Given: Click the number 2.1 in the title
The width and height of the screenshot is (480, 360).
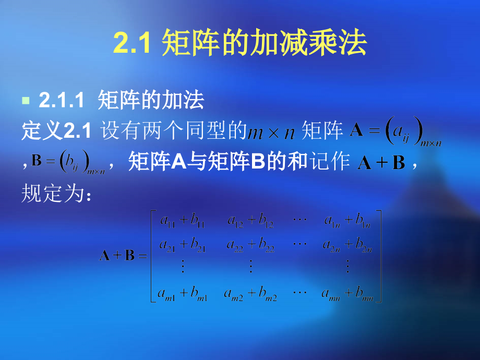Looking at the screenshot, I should [x=132, y=43].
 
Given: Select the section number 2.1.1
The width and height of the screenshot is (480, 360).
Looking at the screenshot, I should [x=61, y=101].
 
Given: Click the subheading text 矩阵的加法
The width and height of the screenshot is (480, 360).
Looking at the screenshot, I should [x=151, y=100].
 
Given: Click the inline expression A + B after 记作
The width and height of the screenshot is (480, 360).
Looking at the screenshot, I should [x=381, y=163].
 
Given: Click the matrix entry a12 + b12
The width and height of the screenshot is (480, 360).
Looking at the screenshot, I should [x=251, y=222].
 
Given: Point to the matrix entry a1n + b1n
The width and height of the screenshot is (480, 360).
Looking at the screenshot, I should [x=347, y=222].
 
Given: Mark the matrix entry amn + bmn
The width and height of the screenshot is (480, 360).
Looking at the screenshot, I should [x=347, y=295].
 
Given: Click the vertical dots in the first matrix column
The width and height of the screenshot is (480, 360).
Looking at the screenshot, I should [x=183, y=267].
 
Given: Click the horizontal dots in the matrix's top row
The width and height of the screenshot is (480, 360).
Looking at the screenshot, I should [x=299, y=219].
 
